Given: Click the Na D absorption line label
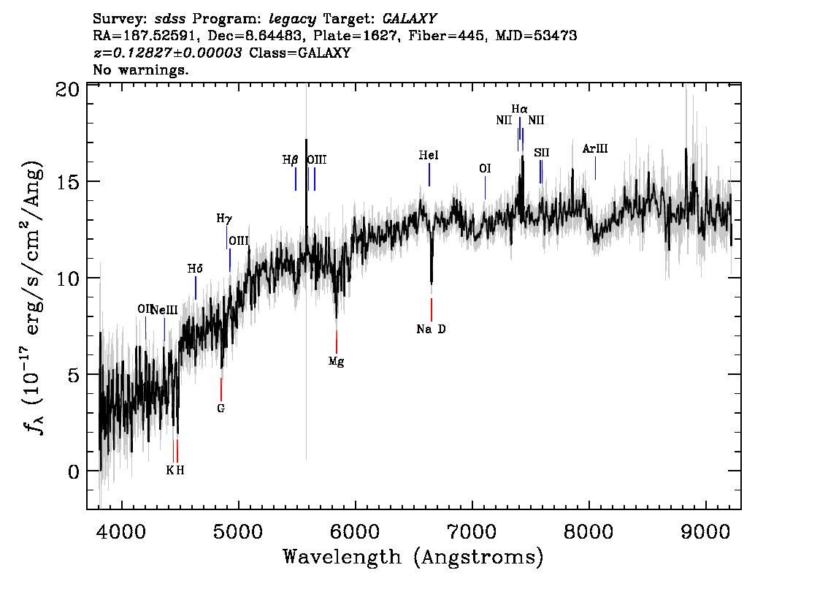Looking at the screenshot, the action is (431, 330).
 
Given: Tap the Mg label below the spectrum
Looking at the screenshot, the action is (337, 362).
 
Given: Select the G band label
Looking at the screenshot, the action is (221, 408).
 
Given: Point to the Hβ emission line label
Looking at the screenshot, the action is (291, 159).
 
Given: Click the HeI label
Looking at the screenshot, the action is (429, 156).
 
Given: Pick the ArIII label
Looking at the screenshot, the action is (595, 149).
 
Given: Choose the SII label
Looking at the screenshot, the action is (542, 153).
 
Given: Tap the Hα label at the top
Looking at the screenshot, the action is (520, 110).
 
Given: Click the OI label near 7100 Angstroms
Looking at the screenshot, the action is (485, 169).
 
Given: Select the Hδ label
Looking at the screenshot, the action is (195, 269).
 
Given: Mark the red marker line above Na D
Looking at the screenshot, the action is (432, 310).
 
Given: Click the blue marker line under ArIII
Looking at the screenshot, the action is (596, 168).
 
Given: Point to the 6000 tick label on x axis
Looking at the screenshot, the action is (355, 531).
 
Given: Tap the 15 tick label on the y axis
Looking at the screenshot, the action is (68, 182).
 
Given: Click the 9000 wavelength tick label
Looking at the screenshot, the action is (705, 531).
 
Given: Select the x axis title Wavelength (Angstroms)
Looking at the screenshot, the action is (413, 557).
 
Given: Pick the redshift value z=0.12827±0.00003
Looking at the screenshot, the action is (168, 53).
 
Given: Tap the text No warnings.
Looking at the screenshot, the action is (140, 69).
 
